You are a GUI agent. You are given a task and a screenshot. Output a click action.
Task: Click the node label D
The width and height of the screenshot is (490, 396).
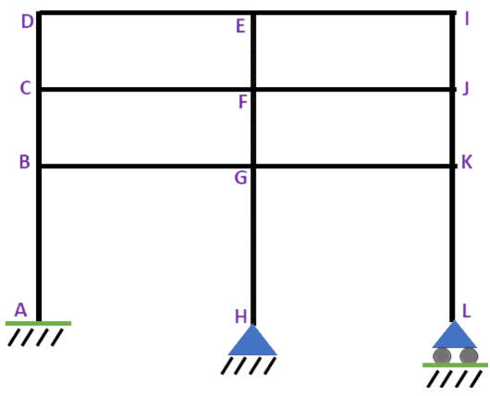click(x=27, y=21)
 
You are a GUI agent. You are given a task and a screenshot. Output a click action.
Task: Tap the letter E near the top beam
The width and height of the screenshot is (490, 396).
click(x=240, y=26)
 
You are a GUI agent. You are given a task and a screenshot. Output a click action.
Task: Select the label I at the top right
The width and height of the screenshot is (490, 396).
click(x=467, y=19)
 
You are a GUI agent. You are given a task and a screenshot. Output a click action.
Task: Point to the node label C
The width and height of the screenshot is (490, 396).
click(x=25, y=88)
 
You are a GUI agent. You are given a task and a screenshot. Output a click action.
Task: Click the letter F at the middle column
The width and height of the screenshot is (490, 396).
click(x=243, y=102)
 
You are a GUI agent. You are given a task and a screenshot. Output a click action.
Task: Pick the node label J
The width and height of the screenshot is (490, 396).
click(x=466, y=88)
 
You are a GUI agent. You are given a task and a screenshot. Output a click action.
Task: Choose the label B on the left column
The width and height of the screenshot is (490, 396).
click(x=25, y=162)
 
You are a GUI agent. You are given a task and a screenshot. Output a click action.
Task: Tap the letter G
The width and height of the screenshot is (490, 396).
click(x=240, y=178)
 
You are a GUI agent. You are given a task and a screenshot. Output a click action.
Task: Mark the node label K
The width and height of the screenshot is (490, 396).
click(x=467, y=162)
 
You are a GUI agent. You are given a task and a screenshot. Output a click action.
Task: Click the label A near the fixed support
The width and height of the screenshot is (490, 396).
click(x=20, y=310)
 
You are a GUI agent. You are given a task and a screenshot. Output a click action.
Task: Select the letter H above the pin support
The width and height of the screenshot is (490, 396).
click(x=240, y=316)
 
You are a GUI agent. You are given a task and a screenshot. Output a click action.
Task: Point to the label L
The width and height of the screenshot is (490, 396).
click(x=466, y=311)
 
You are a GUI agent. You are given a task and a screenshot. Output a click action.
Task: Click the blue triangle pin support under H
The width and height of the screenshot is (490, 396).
click(x=252, y=343)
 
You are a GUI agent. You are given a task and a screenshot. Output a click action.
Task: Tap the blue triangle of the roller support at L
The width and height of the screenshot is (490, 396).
click(x=454, y=337)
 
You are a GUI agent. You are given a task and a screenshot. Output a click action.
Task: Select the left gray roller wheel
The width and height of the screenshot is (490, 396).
click(x=442, y=355)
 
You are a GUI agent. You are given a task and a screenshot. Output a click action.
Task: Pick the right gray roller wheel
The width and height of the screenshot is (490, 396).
click(x=469, y=355)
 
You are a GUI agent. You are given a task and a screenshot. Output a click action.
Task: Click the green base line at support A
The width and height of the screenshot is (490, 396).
click(x=38, y=324)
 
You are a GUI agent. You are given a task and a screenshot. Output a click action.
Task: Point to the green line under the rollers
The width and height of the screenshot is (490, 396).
click(x=455, y=365)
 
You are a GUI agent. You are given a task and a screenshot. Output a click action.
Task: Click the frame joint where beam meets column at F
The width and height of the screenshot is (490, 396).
click(x=253, y=90)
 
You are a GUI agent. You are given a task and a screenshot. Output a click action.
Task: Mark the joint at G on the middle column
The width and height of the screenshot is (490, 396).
click(x=253, y=167)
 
